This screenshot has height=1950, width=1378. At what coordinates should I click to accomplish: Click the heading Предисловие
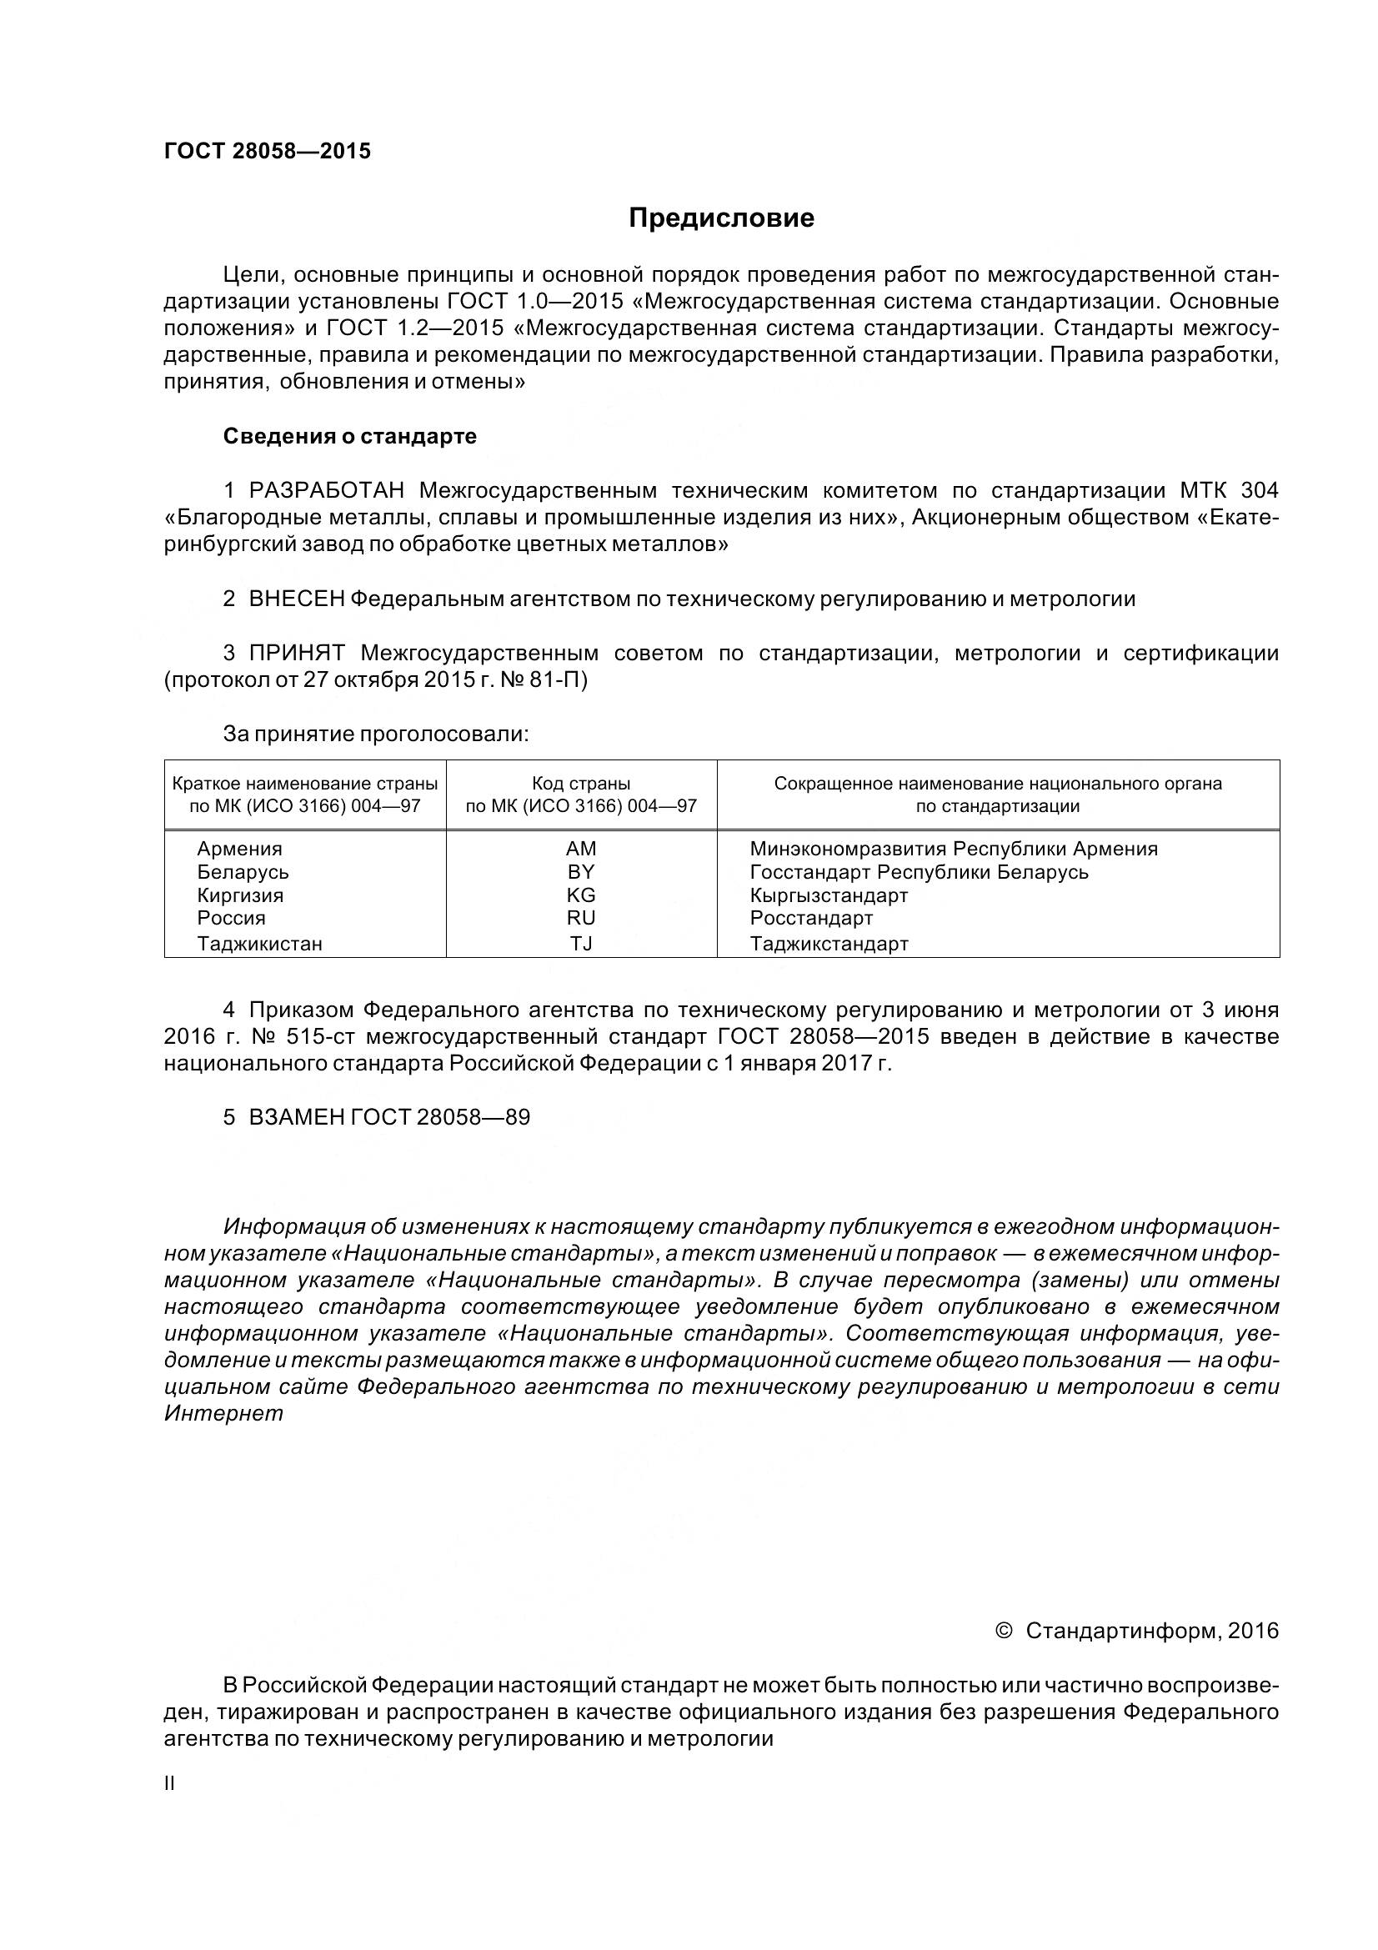coord(721,218)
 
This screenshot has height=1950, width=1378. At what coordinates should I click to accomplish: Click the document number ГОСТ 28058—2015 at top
coord(268,151)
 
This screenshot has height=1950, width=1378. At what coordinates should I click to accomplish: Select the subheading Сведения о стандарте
coord(350,437)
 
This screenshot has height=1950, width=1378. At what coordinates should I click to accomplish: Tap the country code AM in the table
coord(581,849)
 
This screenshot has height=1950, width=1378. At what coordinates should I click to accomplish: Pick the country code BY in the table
coord(581,871)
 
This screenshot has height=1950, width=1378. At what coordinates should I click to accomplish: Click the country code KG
coord(581,895)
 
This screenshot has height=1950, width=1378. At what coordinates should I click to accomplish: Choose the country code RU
coord(581,918)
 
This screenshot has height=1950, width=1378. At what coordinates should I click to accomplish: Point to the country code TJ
coord(581,943)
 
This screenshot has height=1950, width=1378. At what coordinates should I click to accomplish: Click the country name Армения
coord(239,849)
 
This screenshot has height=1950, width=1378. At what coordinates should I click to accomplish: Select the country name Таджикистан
coord(260,943)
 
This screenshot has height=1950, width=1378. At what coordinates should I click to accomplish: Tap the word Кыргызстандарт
coord(829,895)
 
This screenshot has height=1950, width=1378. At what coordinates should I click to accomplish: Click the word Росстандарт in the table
coord(811,918)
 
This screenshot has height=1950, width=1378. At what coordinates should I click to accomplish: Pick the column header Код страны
coord(581,783)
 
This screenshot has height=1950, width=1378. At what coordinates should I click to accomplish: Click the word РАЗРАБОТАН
coord(327,490)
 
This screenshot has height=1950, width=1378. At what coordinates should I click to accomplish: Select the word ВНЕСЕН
coord(296,599)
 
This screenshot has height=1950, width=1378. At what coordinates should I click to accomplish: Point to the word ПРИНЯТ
coord(296,653)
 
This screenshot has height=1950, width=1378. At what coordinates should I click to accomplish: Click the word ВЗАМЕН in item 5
coord(296,1117)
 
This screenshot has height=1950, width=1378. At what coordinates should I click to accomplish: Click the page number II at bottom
coord(169,1783)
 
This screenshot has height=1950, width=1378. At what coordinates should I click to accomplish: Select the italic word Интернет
coord(223,1413)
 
